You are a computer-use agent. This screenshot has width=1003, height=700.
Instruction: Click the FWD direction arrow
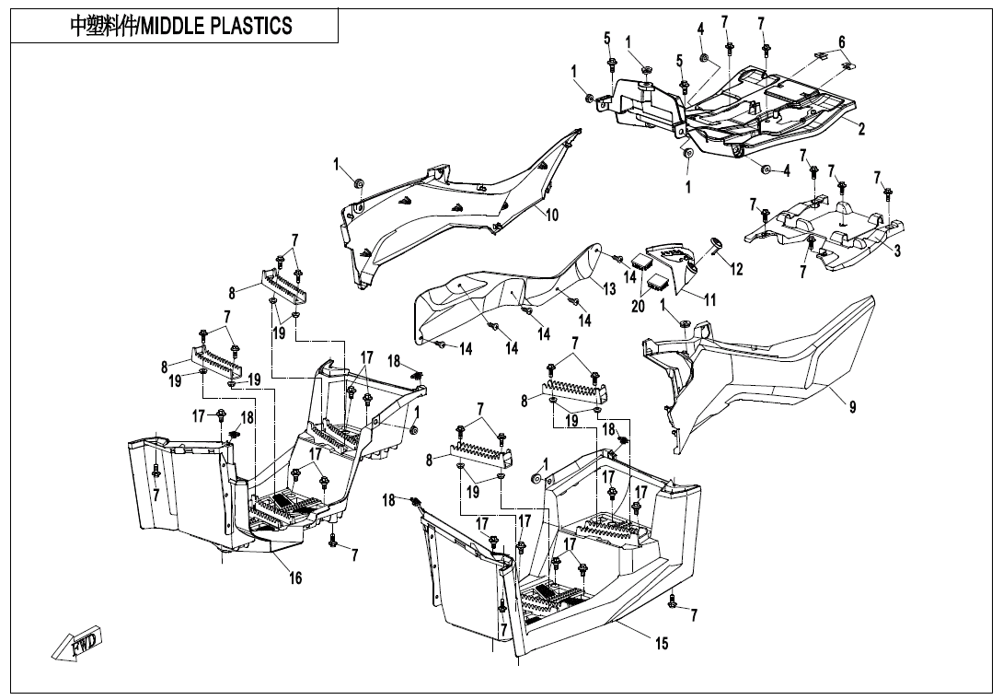(79, 644)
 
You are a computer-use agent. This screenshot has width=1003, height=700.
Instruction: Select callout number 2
(861, 130)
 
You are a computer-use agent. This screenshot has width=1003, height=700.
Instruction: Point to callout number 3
(897, 251)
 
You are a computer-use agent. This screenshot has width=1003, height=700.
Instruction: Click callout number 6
(841, 41)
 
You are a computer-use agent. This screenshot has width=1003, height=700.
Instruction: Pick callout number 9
(853, 407)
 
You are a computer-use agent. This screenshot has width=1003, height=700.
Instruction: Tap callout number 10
(552, 216)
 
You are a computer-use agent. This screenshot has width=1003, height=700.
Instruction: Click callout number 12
(736, 269)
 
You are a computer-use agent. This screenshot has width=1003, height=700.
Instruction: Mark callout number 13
(609, 289)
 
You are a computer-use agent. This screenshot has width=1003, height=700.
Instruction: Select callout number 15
(662, 644)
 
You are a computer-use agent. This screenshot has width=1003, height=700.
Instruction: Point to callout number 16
(295, 578)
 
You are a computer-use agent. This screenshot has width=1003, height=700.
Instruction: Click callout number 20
(638, 307)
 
